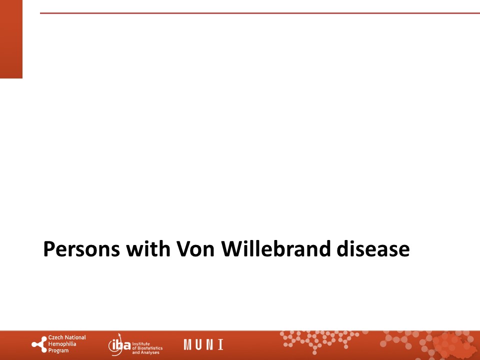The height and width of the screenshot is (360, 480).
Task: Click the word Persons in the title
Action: point(81,249)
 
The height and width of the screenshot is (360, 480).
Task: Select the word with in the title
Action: point(148,248)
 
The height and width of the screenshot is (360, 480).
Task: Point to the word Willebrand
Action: point(276,248)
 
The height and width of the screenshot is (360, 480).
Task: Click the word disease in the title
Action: point(373,248)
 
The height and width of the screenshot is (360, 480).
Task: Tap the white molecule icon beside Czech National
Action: point(39,344)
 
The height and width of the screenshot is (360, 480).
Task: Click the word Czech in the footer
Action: point(55,337)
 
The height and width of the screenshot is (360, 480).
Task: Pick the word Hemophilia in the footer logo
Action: point(62,344)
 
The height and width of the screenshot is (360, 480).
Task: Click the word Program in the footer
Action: point(58,351)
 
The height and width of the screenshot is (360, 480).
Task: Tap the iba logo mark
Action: point(119,344)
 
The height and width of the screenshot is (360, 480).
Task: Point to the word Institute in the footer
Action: point(141,344)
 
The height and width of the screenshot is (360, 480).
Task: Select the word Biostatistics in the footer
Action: point(150,348)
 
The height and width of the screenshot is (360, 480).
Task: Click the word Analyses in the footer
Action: point(150,352)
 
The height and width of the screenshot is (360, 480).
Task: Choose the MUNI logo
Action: point(203,344)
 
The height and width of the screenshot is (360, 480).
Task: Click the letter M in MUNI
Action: point(187,344)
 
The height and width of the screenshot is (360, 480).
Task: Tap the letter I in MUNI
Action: point(220,344)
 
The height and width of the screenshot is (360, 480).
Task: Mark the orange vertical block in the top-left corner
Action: point(11,39)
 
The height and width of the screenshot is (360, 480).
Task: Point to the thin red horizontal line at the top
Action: point(260,13)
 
